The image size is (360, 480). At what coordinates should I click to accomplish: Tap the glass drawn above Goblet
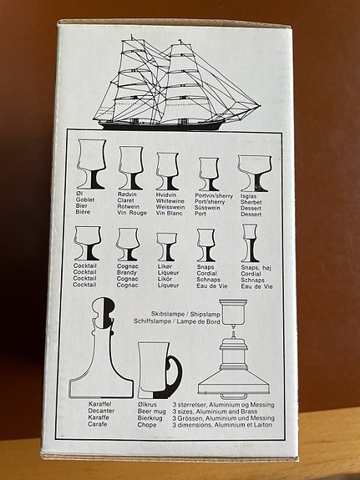[x=90, y=164]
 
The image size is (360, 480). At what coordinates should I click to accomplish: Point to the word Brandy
[x=126, y=279]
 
